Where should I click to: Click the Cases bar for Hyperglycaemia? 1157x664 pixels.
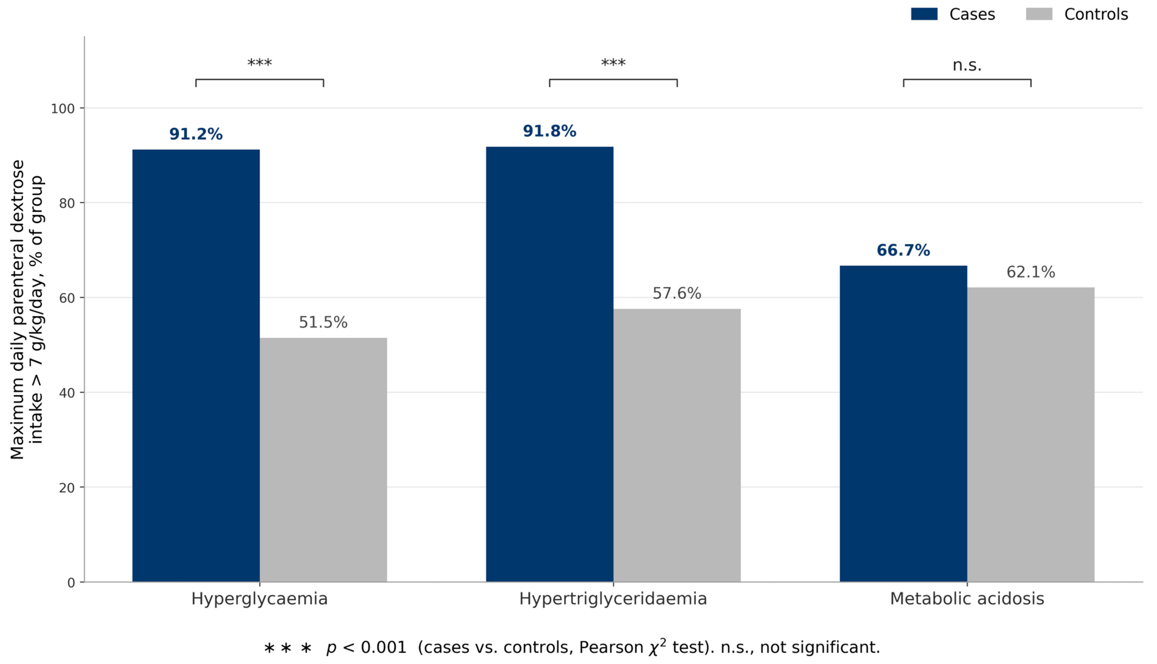pyautogui.click(x=196, y=366)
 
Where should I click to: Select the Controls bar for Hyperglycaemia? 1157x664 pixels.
pyautogui.click(x=323, y=460)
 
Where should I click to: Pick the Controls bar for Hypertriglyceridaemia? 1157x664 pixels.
pyautogui.click(x=677, y=445)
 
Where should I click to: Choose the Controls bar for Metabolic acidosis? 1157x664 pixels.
pyautogui.click(x=1031, y=435)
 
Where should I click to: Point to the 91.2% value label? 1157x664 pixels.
pyautogui.click(x=196, y=134)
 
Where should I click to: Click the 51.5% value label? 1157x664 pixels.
pyautogui.click(x=323, y=322)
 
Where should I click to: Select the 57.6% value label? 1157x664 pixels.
pyautogui.click(x=677, y=293)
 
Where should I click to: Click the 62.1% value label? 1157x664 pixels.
pyautogui.click(x=1031, y=272)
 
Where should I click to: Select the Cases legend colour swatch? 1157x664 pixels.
pyautogui.click(x=924, y=14)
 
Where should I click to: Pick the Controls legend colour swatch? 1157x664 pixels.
pyautogui.click(x=1039, y=14)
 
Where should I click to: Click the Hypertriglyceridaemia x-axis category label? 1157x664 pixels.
pyautogui.click(x=613, y=599)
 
